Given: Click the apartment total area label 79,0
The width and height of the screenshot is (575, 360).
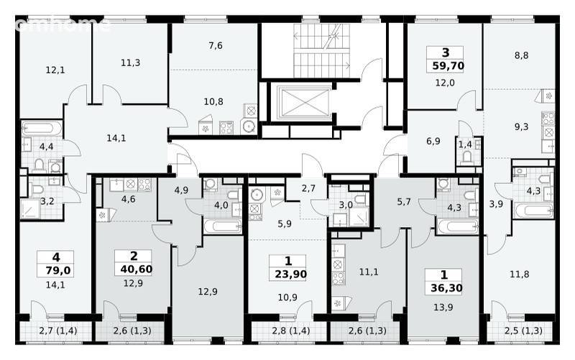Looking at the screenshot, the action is pyautogui.click(x=58, y=271).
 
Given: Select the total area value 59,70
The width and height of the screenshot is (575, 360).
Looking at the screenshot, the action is pyautogui.click(x=448, y=66).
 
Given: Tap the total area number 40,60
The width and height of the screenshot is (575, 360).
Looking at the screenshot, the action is pyautogui.click(x=136, y=269).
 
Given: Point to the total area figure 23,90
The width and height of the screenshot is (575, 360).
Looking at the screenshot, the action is pyautogui.click(x=291, y=274).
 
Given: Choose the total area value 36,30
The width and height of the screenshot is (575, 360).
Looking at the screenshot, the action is pyautogui.click(x=446, y=287).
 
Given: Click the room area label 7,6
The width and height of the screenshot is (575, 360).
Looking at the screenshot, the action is pyautogui.click(x=215, y=45).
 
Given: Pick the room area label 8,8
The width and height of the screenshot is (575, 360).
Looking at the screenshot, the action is pyautogui.click(x=521, y=55).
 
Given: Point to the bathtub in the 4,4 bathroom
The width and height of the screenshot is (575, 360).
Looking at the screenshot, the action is pyautogui.click(x=42, y=129).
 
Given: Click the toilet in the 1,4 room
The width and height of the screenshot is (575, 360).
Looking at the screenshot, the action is pyautogui.click(x=466, y=157).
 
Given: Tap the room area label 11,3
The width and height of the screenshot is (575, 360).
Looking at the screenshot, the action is pyautogui.click(x=130, y=63).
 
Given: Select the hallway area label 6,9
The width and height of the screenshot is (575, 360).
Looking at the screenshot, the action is pyautogui.click(x=433, y=141).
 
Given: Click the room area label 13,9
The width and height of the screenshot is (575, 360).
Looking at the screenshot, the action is pyautogui.click(x=443, y=308).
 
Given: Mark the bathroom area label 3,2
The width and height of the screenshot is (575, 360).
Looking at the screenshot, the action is pyautogui.click(x=47, y=201).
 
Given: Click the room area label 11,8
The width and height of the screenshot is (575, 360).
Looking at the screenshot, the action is pyautogui.click(x=519, y=274).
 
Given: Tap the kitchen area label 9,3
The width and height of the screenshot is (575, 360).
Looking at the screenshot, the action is pyautogui.click(x=521, y=127).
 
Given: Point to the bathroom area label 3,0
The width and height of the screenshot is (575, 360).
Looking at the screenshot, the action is pyautogui.click(x=346, y=205).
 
